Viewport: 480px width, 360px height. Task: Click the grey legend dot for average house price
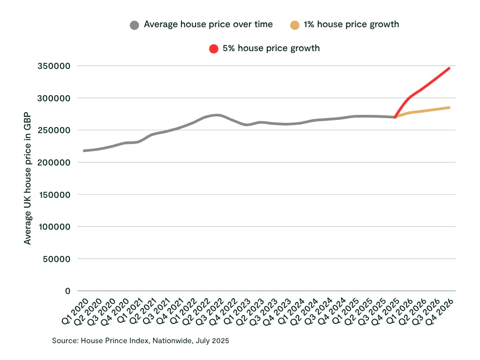pos(135,25)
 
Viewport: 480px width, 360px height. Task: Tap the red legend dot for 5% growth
pos(214,49)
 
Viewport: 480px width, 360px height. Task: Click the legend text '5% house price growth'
pos(271,48)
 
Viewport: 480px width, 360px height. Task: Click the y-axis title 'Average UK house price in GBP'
pos(28,178)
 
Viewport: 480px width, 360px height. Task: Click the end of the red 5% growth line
pos(449,68)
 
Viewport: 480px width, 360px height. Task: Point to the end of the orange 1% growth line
pos(449,108)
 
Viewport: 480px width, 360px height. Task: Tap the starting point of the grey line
pos(84,150)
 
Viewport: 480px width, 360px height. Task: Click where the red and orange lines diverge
pos(395,117)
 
